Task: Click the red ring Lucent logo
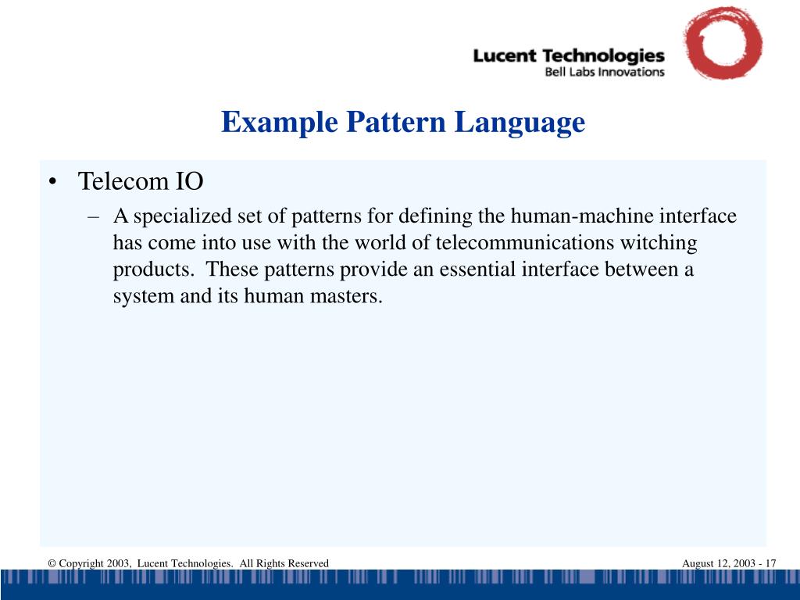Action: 722,43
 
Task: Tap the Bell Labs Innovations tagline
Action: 604,72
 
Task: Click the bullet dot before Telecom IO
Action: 52,182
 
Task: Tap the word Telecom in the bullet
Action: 118,182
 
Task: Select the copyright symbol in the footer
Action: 51,563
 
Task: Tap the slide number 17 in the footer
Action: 770,563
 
